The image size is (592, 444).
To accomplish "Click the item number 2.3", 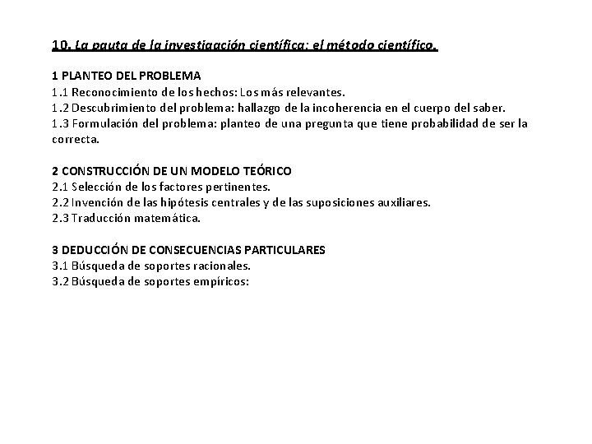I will coord(59,218).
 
